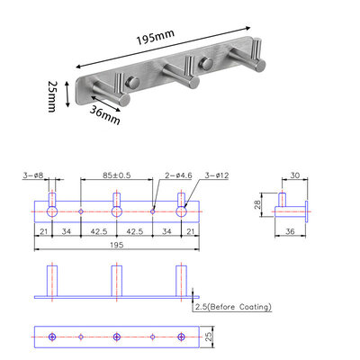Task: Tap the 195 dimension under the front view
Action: (x=116, y=243)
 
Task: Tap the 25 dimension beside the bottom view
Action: (x=210, y=337)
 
